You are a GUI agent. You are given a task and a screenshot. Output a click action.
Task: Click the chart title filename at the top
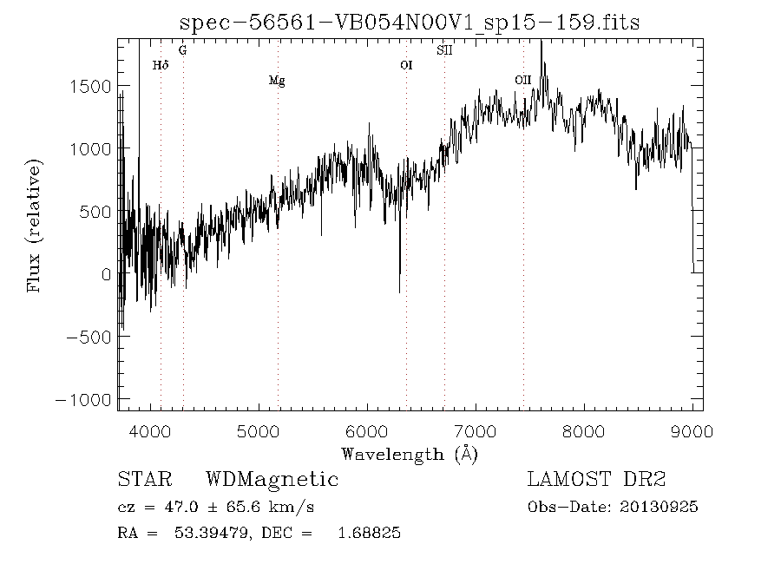pos(409,23)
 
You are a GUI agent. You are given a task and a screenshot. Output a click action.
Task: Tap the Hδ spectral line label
pos(160,65)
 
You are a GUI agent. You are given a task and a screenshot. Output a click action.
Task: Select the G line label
pos(182,50)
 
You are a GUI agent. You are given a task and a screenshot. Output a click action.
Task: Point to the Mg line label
pos(277,82)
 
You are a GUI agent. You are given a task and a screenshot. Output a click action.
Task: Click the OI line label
pos(406,65)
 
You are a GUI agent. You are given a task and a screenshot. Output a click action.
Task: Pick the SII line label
pos(444,50)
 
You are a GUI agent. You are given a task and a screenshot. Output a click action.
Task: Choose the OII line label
pos(522,81)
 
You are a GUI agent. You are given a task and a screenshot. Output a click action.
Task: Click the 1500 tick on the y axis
pos(91,86)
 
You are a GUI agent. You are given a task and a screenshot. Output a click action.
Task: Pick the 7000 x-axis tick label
pos(476,431)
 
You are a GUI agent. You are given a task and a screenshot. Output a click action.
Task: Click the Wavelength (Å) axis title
pos(410,453)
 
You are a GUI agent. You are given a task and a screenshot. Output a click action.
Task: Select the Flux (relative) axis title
pos(36,225)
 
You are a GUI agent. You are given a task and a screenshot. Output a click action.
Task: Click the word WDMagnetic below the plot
pos(272,480)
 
